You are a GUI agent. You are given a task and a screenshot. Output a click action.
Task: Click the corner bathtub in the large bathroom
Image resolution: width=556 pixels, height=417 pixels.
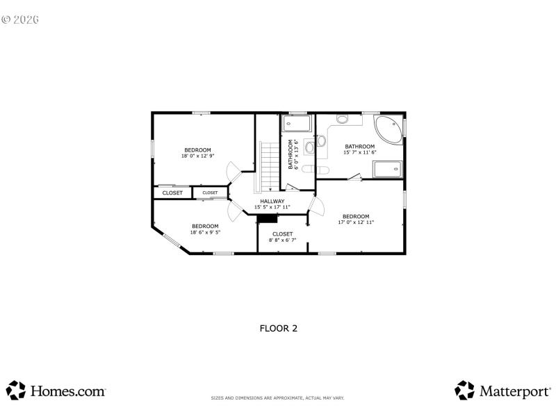[x=388, y=130]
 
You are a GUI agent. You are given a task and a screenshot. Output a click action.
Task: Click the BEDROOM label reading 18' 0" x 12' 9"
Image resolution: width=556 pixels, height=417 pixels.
[x=197, y=153]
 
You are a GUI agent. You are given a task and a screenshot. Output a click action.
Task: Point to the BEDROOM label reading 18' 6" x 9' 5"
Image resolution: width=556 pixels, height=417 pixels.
[x=205, y=229]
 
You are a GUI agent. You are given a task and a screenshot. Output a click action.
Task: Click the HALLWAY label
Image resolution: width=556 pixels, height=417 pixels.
[x=272, y=204]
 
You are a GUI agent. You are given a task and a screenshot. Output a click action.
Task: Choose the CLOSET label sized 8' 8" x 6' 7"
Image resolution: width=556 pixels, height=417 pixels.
[x=282, y=236]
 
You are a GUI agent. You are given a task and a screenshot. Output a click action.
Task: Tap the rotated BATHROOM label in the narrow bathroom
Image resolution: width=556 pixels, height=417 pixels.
[x=293, y=154]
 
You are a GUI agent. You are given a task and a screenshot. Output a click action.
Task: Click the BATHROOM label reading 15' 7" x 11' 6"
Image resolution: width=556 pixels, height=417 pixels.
[x=359, y=149]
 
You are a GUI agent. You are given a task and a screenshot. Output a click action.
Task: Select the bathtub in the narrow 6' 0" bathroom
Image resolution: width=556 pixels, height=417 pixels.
[x=297, y=124]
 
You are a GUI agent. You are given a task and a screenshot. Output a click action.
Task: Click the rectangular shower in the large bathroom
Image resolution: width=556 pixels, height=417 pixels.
[x=387, y=169]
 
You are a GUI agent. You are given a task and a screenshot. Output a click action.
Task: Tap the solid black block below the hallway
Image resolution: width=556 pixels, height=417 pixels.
[x=267, y=218]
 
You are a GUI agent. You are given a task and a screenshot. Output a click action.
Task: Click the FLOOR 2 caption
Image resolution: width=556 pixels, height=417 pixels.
[x=278, y=328]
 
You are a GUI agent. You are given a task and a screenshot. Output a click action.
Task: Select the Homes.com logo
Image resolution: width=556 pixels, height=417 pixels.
[x=56, y=391]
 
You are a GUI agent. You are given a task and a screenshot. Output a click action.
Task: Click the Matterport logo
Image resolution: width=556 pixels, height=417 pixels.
[x=502, y=391]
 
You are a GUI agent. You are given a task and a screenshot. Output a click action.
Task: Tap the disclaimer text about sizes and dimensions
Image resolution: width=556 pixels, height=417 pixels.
[x=278, y=398]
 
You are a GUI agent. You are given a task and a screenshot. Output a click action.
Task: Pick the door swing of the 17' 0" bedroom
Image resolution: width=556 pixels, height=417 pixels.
[x=316, y=206]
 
